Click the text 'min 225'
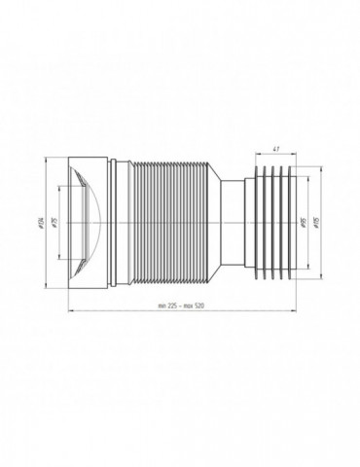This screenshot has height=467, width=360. pos(170,306)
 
